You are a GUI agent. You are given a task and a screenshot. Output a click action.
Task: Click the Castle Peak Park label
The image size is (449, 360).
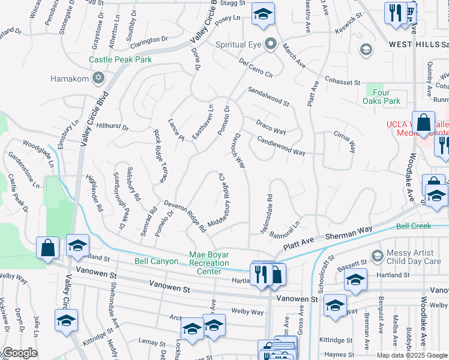tap(120, 59)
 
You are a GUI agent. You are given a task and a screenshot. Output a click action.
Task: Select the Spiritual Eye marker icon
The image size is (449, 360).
tap(271, 44)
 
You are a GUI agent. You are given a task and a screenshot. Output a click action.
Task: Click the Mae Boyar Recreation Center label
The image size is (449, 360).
tap(209, 263)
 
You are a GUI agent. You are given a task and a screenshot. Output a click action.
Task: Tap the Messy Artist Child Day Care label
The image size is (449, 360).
tap(415, 257)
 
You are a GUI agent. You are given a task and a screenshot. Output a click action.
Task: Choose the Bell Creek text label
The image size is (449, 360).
tap(414, 226)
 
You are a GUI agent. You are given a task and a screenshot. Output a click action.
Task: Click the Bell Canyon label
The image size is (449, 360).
tap(156, 261)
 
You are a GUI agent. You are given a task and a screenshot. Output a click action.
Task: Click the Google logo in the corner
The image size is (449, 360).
tap(19, 353)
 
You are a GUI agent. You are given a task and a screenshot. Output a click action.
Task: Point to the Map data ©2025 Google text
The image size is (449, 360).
tap(411, 355)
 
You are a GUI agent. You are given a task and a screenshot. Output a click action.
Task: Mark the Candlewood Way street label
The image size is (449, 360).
tap(281, 146)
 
